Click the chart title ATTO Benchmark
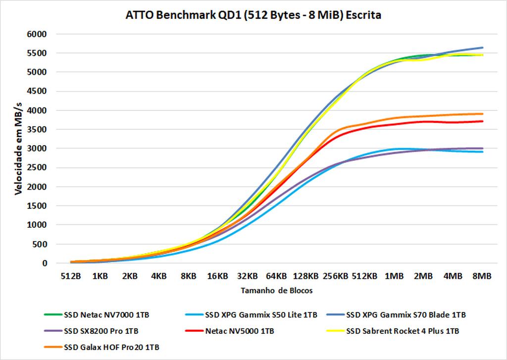click(253, 15)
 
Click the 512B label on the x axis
click(71, 276)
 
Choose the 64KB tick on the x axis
click(276, 276)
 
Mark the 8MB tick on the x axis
click(482, 276)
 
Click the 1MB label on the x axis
click(394, 276)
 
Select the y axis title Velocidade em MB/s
click(19, 149)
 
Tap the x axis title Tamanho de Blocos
click(276, 291)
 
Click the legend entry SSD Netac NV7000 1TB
click(101, 314)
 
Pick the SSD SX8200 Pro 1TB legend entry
click(96, 331)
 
